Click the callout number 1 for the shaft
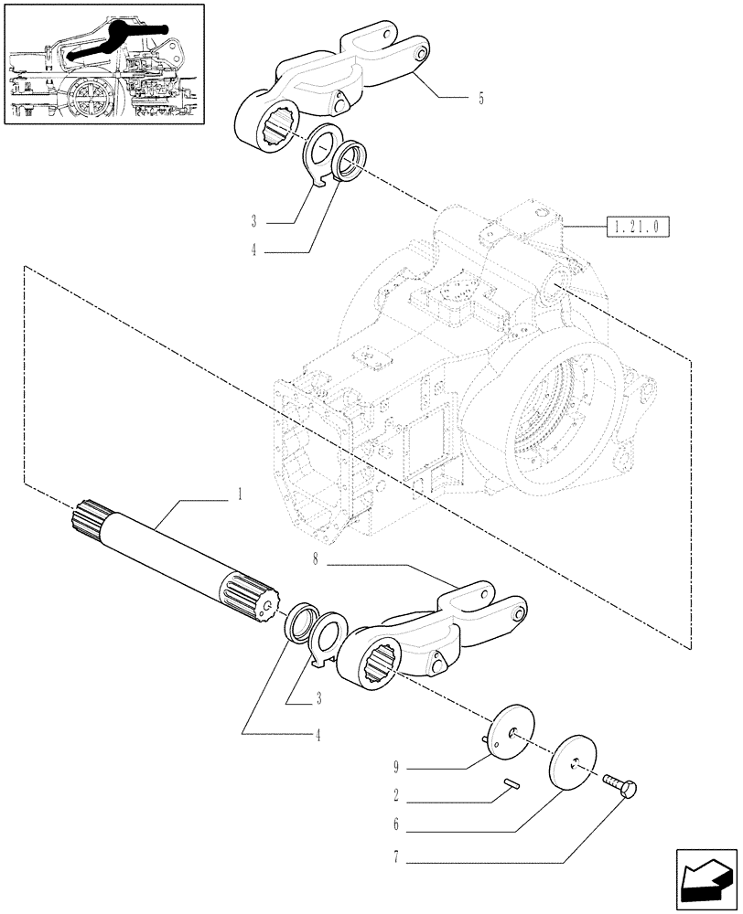[x=239, y=494]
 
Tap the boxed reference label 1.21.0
[x=637, y=224]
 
